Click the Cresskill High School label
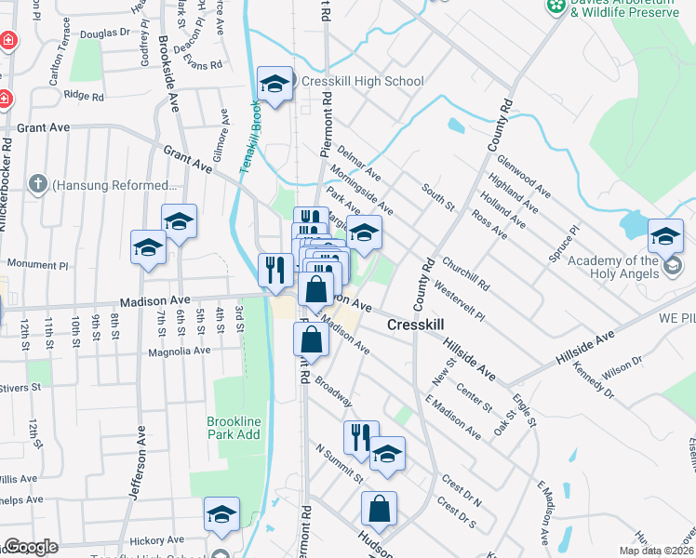pos(363,81)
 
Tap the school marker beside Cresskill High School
pos(275,85)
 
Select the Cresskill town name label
pos(415,325)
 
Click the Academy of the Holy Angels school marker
pos(665,237)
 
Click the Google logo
pos(31,547)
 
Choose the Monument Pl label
pos(38,265)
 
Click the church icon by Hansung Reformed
pos(37,184)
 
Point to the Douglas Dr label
pos(105,33)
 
